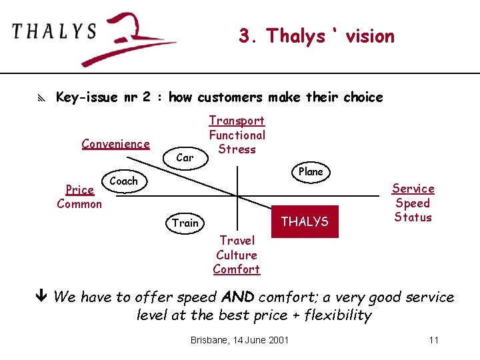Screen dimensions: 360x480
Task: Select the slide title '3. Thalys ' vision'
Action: pos(317,36)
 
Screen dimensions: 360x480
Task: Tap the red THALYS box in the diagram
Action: pos(305,221)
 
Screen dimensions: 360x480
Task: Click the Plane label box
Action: pos(311,171)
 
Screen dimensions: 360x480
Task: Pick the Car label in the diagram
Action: pos(185,157)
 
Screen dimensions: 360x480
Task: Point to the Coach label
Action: pos(123,181)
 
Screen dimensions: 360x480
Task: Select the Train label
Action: pos(185,223)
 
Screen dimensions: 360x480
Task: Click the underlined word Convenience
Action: pos(115,143)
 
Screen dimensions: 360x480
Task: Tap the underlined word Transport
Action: pos(237,121)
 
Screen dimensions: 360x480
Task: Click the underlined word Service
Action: pos(413,189)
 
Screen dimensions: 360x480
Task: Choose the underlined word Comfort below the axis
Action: pos(237,269)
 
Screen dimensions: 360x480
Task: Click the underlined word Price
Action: pos(79,190)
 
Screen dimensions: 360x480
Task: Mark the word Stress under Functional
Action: pos(237,149)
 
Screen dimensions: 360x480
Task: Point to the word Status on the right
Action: pos(413,217)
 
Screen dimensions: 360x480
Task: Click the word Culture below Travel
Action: pos(237,255)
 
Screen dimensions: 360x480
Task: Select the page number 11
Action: pos(433,340)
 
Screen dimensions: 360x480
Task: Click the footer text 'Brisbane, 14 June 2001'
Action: pos(239,340)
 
